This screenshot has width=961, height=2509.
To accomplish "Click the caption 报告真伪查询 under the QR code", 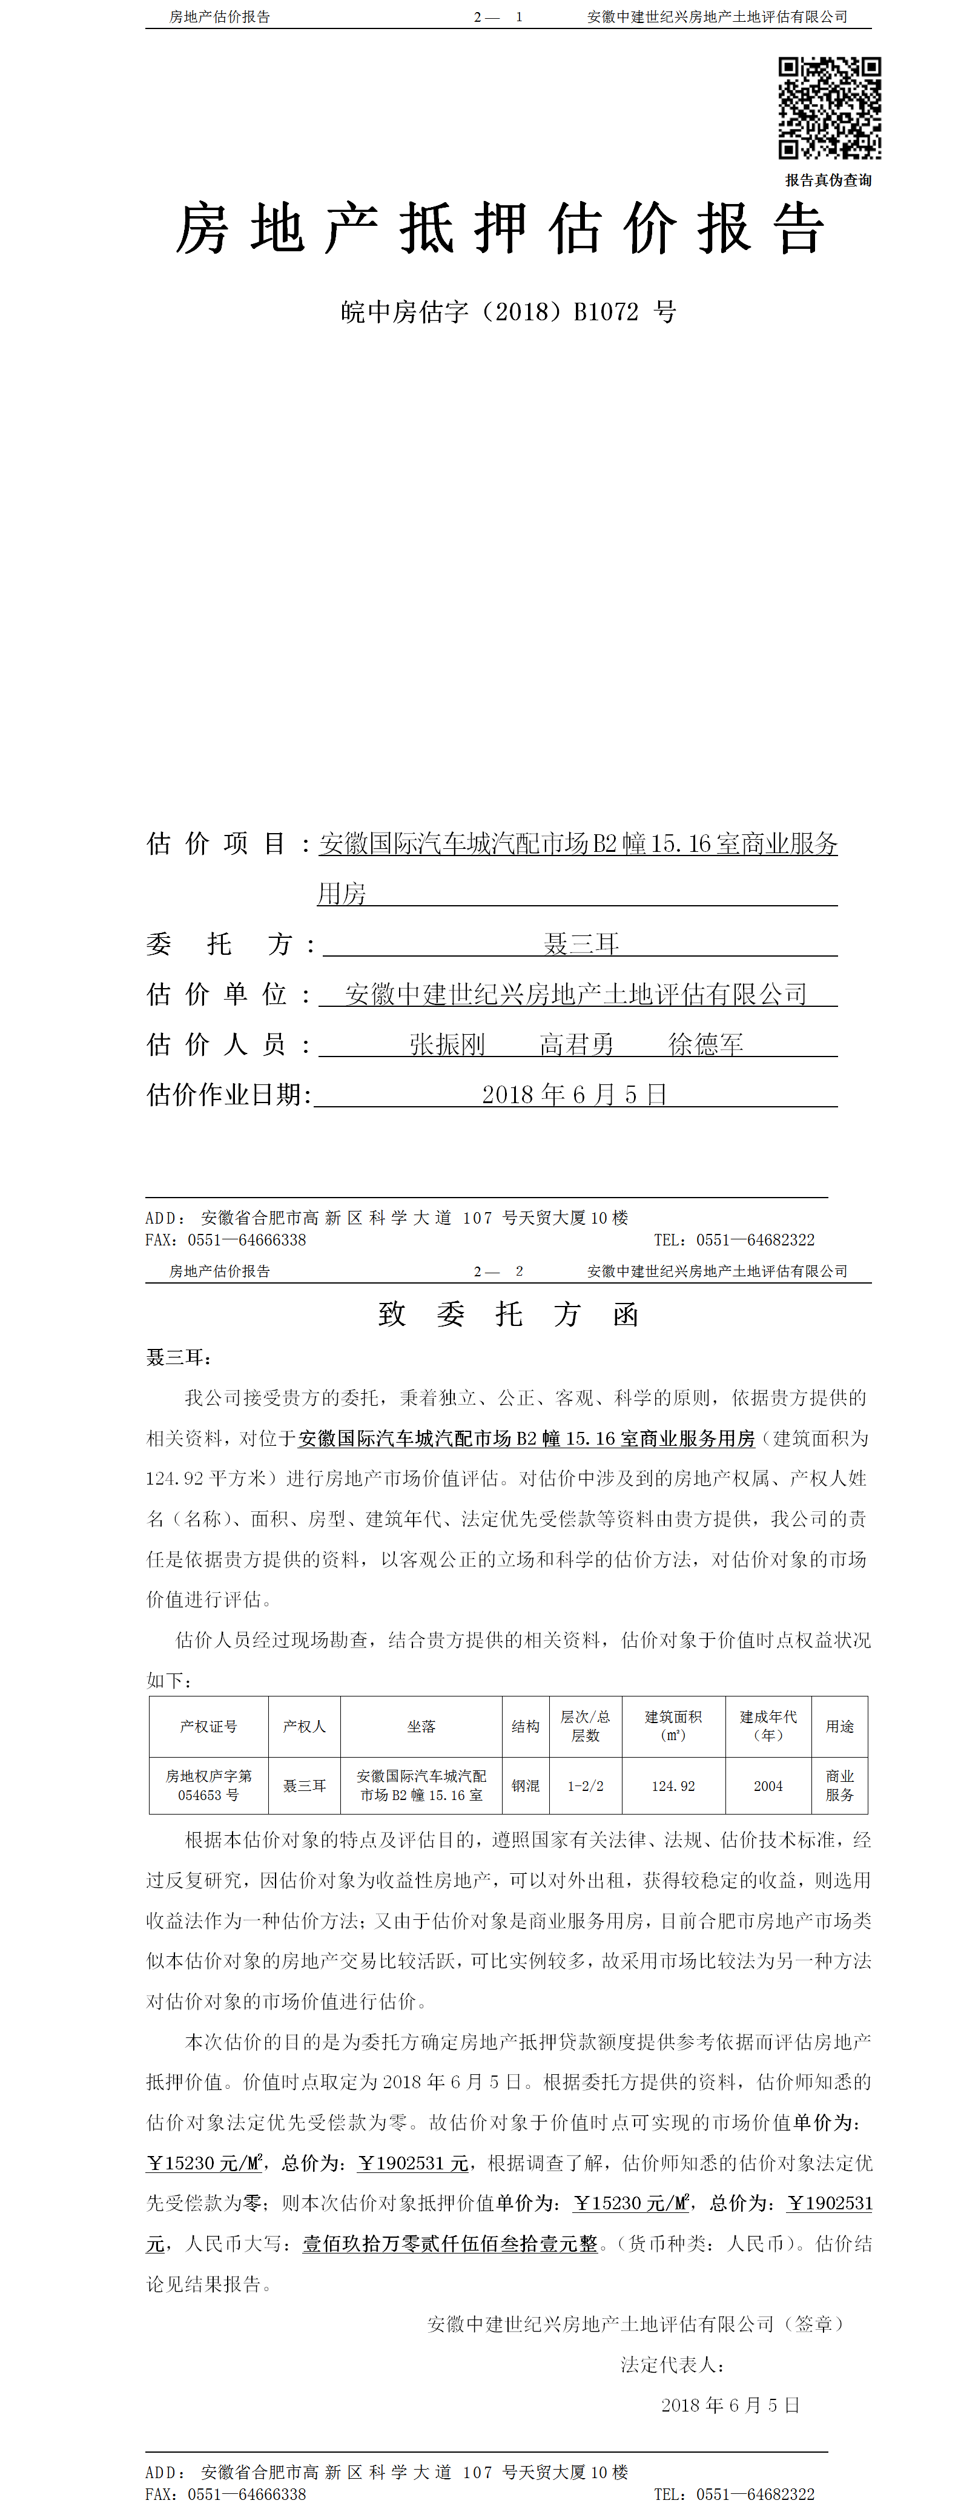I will pos(828,180).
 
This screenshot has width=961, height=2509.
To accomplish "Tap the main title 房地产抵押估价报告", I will pos(500,230).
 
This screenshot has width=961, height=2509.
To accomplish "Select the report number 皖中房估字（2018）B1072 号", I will pos(508,312).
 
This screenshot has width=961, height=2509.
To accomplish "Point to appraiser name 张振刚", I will pos(447,1044).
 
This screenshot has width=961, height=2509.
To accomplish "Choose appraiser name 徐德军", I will pos(706,1044).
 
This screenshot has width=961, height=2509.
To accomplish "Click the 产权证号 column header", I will pos(208,1726).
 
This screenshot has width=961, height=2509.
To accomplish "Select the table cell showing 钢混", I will pos(526,1785).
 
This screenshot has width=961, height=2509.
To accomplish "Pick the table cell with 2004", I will pos(768,1785).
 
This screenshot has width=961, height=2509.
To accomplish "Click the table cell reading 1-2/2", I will pos(585,1785).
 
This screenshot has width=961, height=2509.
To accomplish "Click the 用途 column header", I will pos(839,1726).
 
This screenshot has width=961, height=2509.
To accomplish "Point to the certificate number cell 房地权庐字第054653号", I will pos(208,1785).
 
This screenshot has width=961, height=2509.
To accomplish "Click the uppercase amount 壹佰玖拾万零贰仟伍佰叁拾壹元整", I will pos(450,2243).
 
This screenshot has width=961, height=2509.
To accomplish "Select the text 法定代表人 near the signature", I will pos(671,2365).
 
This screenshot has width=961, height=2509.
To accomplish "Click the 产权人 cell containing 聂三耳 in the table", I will pos(305,1785).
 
